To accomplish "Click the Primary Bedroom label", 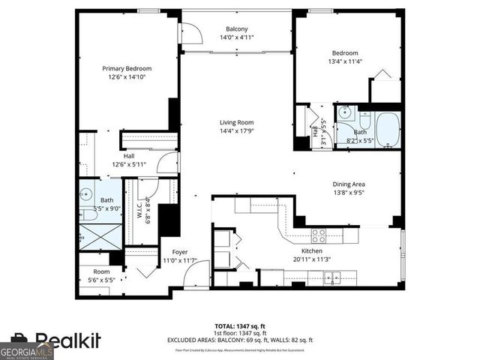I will point(126,68).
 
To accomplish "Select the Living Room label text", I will point(236,122).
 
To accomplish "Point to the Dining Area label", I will point(349,184).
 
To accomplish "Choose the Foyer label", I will point(180,252).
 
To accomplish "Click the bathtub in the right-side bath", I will point(388,129).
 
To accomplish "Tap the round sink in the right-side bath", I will point(345,113).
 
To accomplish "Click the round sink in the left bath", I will point(85,191).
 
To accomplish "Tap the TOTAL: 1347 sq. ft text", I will point(239,326).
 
